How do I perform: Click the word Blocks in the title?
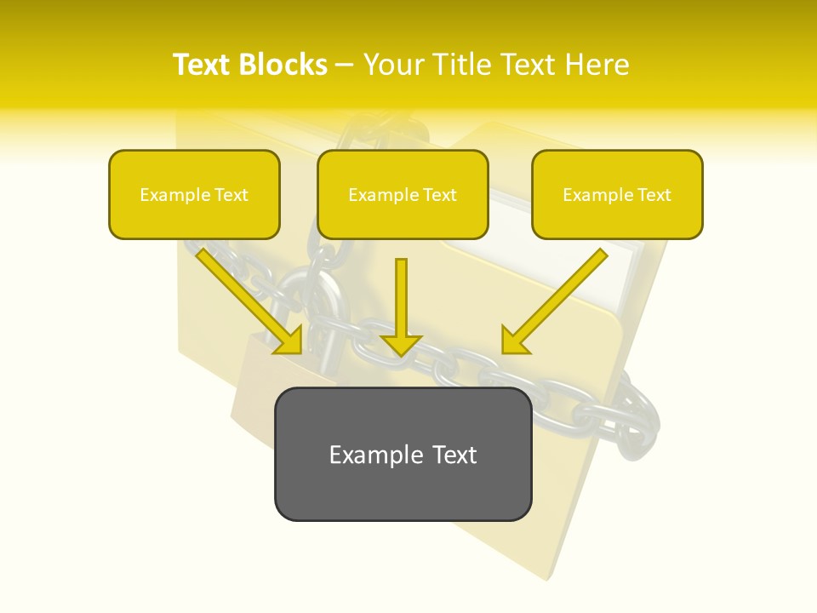pos(283,65)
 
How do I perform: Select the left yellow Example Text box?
pos(194,195)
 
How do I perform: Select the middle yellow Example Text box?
pos(403,195)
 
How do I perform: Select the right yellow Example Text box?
pos(617,195)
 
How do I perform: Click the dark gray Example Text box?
pos(403,454)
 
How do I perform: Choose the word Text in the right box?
pos(654,195)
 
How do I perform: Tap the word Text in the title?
pos(204,65)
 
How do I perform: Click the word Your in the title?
pos(392,65)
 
